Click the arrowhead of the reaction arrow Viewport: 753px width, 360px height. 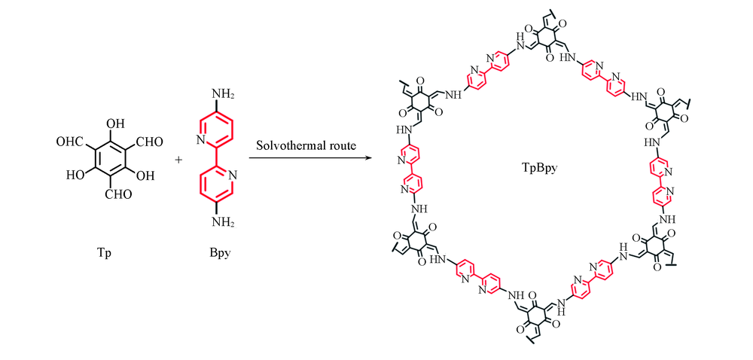[369, 157]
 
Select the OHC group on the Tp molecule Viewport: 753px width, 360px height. [70, 141]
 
